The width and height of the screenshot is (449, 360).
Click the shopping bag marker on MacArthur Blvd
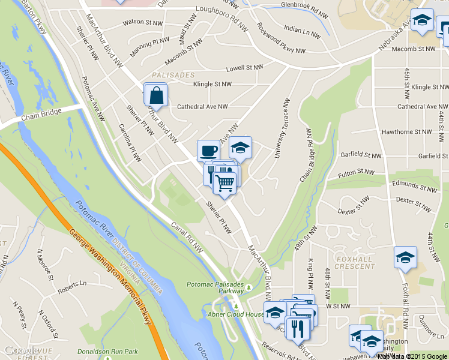pos(155,95)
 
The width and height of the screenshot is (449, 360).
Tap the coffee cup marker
pos(208,150)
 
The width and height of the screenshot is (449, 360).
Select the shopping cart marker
pos(224,182)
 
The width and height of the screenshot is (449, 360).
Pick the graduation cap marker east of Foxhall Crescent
pos(405,257)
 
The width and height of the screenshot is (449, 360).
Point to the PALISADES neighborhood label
pos(173,75)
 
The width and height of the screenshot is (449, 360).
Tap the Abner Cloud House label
pos(236,314)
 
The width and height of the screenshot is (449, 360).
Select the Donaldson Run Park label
pos(108,352)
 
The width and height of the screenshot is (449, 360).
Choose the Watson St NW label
pos(143,23)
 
